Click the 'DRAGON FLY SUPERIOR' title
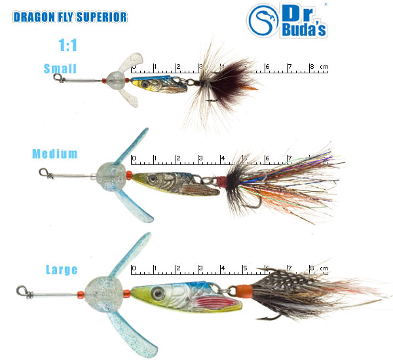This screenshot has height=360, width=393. point(70,17)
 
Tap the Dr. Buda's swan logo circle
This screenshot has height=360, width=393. point(263,20)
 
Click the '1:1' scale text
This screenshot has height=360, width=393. point(67,45)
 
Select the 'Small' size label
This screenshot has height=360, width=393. point(60,69)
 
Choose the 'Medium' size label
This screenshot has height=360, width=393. point(55,154)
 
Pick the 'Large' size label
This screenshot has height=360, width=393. point(62,270)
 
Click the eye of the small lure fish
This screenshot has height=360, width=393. point(144,84)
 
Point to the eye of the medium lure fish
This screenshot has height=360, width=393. point(152,179)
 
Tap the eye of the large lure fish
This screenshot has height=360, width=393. point(158,293)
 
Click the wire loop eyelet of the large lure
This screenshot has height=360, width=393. point(22,291)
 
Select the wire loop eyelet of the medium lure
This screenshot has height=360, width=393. point(44,172)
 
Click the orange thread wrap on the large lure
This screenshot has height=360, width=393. point(244,292)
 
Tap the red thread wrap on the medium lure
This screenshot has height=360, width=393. point(221,182)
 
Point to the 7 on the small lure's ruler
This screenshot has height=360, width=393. point(290,67)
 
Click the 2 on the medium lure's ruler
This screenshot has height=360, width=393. point(178,158)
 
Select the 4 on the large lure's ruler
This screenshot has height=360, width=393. point(223,268)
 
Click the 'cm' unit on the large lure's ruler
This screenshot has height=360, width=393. point(324,268)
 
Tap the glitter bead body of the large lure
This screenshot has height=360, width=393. point(103,294)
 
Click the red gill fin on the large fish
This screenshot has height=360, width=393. point(214,302)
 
